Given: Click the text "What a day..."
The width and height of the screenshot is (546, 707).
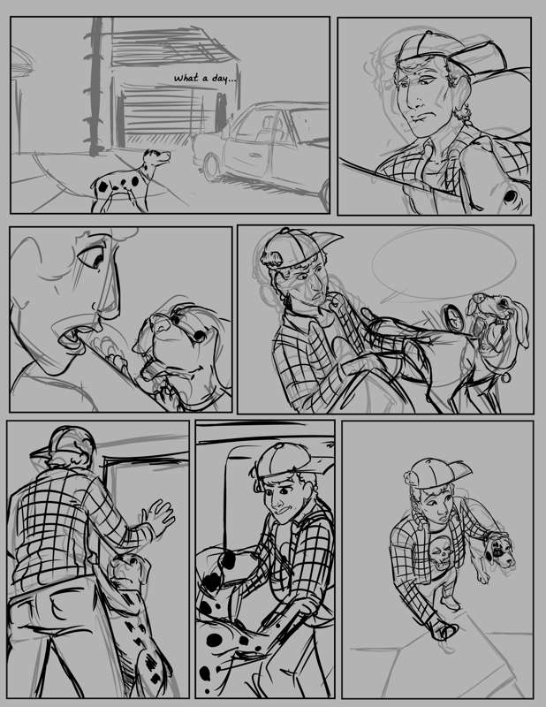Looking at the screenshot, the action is click(205, 79).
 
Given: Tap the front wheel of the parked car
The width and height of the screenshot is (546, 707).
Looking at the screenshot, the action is click(210, 167).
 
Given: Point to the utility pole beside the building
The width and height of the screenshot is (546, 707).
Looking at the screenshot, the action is click(95, 87).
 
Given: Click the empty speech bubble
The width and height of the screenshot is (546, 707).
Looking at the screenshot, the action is click(444, 263).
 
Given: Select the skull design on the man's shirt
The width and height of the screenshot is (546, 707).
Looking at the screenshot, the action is click(440, 558).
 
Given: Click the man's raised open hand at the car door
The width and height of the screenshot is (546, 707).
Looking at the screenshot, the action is click(158, 516).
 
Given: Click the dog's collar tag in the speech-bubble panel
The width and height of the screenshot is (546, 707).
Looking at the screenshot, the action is click(506, 377).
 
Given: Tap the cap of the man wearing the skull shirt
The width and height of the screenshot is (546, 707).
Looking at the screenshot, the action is click(435, 473).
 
